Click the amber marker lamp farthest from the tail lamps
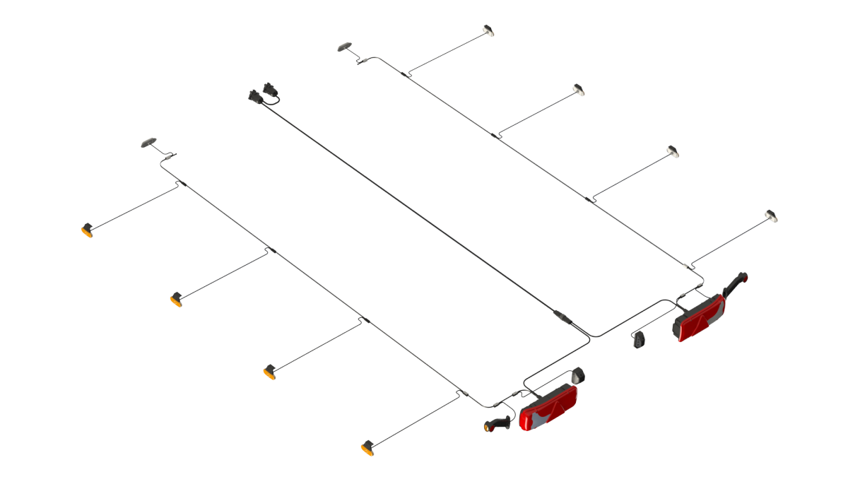(87, 230)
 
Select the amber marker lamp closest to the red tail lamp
(367, 448)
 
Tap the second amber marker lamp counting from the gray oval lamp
(176, 300)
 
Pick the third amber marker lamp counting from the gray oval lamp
(269, 372)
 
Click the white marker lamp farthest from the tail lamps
(488, 30)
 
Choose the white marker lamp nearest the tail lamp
(772, 216)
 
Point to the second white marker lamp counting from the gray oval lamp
(579, 90)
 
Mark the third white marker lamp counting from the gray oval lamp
(673, 151)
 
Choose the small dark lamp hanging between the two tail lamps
(640, 339)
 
